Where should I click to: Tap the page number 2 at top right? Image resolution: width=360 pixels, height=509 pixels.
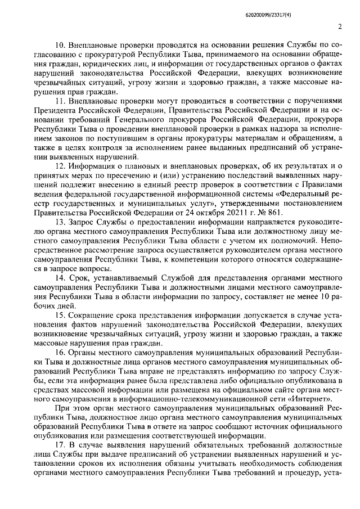(x=341, y=26)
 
